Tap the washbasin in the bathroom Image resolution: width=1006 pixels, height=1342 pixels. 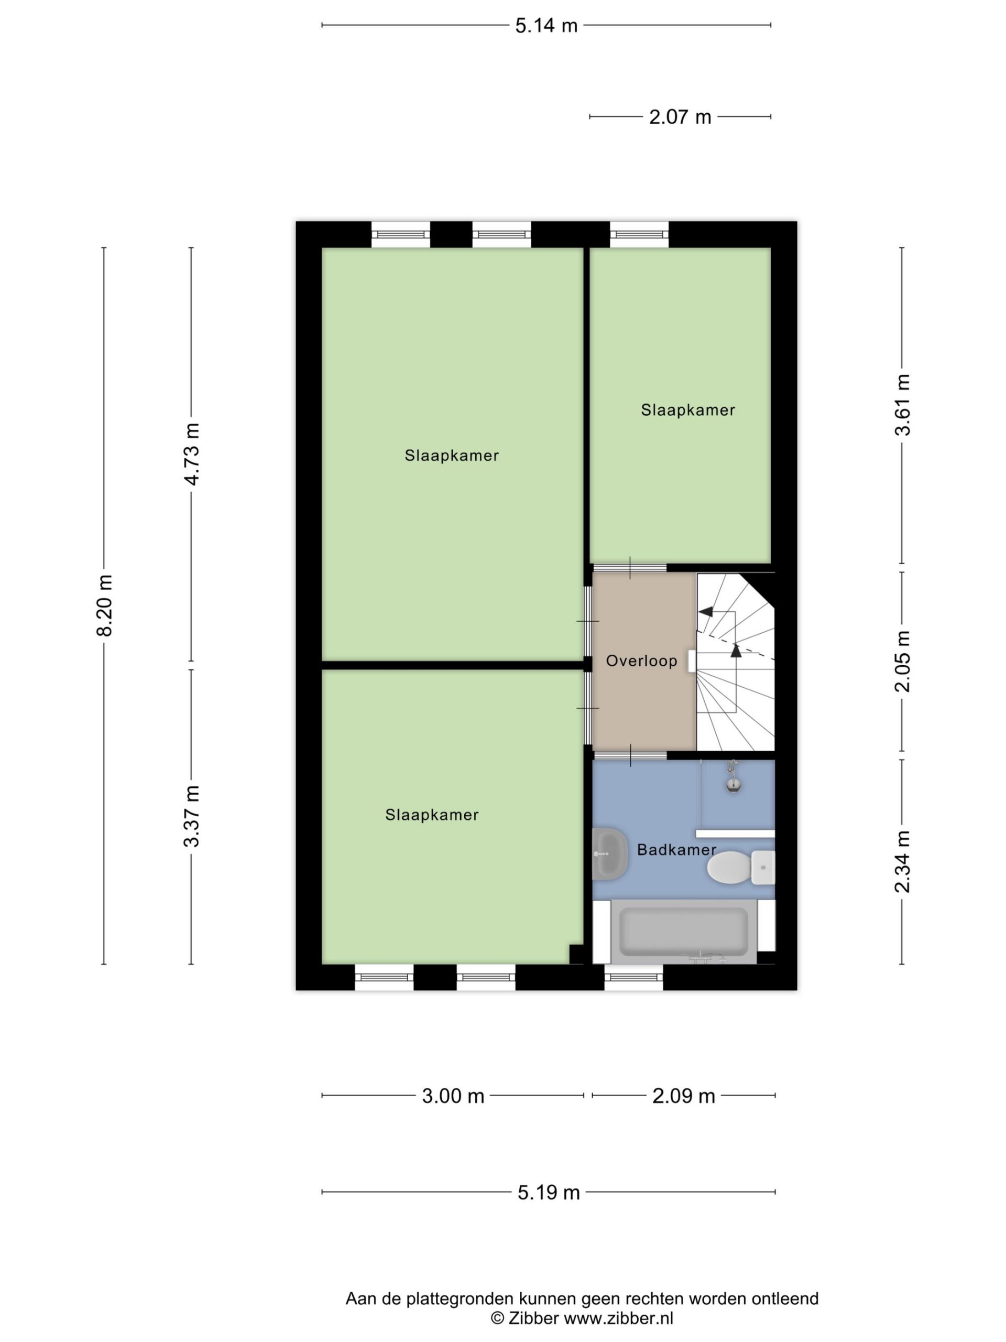pos(609,853)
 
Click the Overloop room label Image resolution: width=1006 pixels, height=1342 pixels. pos(641,661)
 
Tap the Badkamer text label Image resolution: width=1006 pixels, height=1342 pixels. pos(677,850)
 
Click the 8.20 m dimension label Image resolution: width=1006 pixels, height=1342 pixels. pos(104,605)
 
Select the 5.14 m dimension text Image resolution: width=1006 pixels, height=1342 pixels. pos(546,26)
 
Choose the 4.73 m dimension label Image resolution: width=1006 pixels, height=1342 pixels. pos(192,454)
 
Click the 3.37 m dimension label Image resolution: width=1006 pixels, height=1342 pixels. pos(192,816)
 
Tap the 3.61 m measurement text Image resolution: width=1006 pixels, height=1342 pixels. pos(902,405)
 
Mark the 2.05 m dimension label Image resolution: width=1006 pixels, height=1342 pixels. pos(902,661)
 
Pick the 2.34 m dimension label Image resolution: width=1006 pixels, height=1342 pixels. pos(902,861)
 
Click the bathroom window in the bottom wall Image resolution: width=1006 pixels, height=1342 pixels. pos(633,977)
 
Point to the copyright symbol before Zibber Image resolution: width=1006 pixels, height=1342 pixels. pos(497,1318)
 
